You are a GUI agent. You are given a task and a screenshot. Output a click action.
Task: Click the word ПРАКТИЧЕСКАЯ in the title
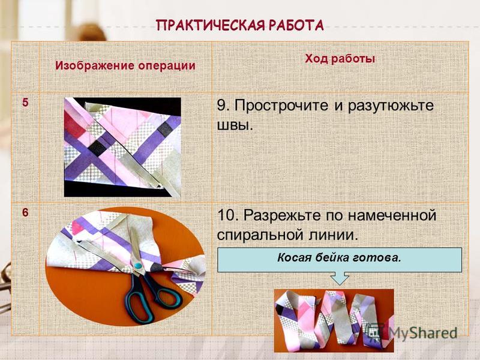pyautogui.click(x=211, y=25)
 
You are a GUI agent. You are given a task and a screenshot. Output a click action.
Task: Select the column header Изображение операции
pyautogui.click(x=125, y=66)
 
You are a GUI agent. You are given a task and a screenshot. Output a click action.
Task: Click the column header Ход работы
pyautogui.click(x=340, y=58)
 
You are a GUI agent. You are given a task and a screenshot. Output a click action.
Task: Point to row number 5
pyautogui.click(x=25, y=102)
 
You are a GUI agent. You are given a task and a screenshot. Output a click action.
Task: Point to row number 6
pyautogui.click(x=25, y=212)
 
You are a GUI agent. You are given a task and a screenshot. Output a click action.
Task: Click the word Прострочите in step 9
pyautogui.click(x=281, y=106)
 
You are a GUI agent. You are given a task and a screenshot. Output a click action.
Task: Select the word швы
pyautogui.click(x=235, y=125)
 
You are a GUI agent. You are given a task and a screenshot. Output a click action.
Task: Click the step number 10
pyautogui.click(x=227, y=215)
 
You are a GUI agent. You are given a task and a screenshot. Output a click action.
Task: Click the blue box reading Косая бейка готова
pyautogui.click(x=340, y=260)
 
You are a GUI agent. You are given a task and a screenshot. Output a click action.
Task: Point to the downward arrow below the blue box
pyautogui.click(x=340, y=278)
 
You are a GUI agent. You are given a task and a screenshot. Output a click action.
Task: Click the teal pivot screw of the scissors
pyautogui.click(x=138, y=265)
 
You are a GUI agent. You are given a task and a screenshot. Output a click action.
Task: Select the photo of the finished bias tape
pyautogui.click(x=334, y=320)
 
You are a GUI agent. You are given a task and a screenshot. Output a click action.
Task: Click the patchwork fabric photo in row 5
pyautogui.click(x=122, y=147)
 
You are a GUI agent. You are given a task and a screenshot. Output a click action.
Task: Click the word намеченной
pyautogui.click(x=392, y=215)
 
